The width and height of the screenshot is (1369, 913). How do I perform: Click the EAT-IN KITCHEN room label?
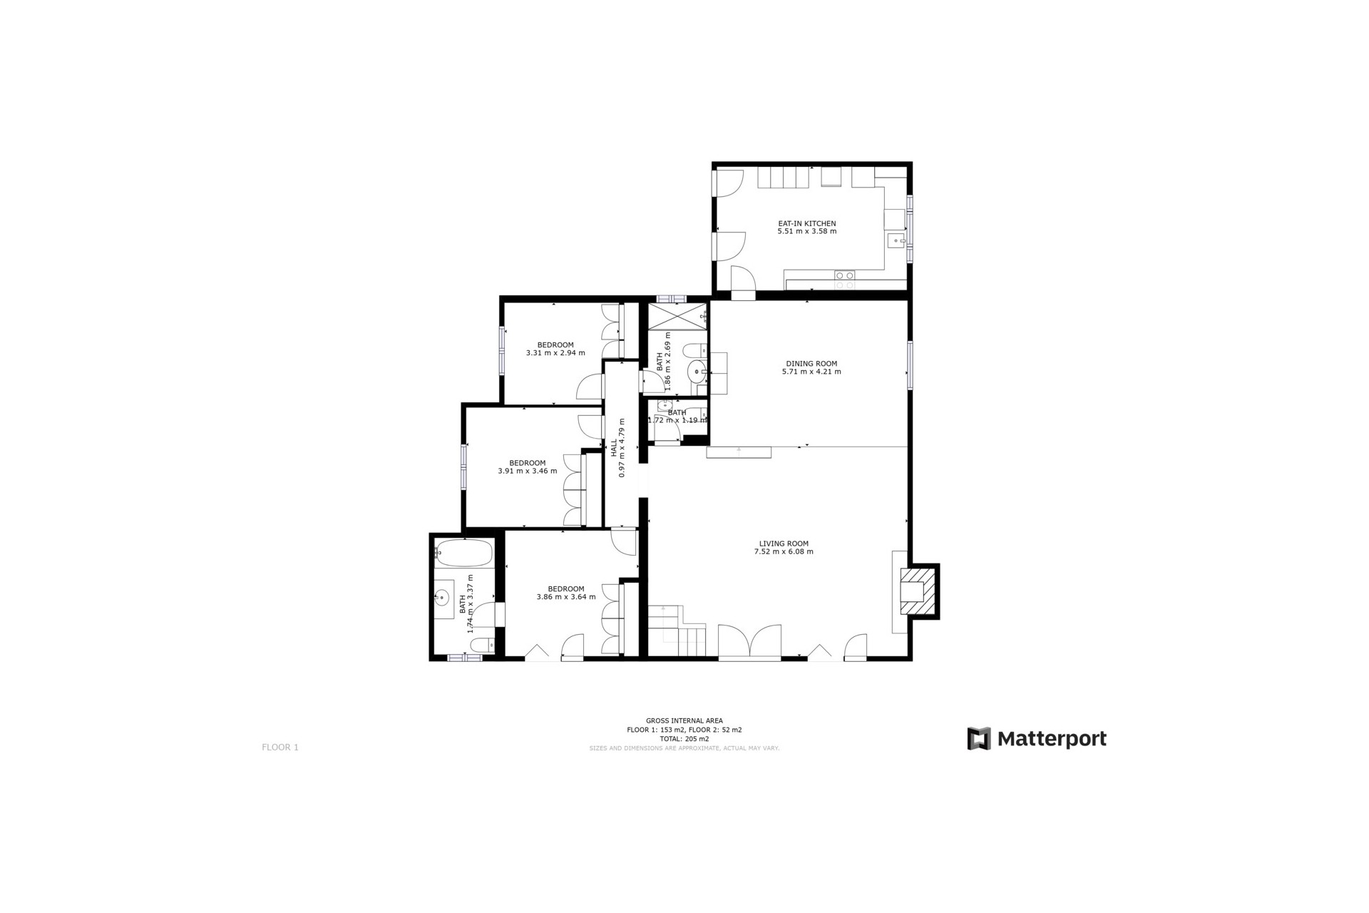tap(806, 223)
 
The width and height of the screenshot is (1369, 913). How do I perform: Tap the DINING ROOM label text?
tap(811, 363)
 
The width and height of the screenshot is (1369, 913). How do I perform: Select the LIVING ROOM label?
tap(784, 544)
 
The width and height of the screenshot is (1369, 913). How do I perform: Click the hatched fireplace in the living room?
tap(918, 591)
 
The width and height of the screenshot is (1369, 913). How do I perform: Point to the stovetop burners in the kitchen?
tap(845, 280)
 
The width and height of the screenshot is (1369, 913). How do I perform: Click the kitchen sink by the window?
tap(896, 241)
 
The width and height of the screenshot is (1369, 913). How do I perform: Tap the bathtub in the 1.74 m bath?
tap(463, 553)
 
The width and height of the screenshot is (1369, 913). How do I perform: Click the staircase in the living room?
tap(676, 631)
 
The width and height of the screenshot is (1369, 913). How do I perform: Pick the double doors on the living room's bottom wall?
tap(749, 642)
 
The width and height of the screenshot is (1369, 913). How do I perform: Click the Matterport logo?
tap(1036, 738)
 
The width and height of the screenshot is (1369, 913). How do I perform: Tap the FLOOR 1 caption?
tap(280, 748)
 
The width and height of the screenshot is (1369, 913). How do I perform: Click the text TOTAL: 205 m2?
tap(684, 739)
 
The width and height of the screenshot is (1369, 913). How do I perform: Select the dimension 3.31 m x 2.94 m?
tap(555, 353)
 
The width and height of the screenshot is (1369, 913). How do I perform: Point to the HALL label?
tap(614, 447)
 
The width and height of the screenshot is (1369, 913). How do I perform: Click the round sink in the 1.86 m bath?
tap(697, 372)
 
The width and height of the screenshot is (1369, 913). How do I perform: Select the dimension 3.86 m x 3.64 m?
tap(565, 597)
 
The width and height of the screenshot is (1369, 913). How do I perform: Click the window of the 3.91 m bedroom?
tap(464, 466)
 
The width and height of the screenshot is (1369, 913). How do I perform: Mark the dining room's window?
tap(910, 365)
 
